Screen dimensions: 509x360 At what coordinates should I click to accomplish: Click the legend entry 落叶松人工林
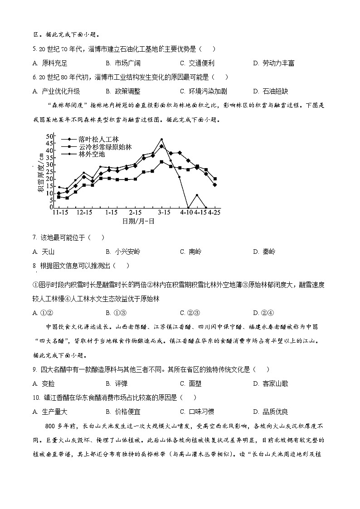pos(98,140)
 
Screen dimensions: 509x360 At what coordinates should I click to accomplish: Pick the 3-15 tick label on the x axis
pos(164,213)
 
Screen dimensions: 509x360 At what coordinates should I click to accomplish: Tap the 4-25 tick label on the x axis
pos(214,213)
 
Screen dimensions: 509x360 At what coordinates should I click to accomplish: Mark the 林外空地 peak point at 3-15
pos(161,139)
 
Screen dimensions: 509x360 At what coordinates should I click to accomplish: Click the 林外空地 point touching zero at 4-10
pos(188,207)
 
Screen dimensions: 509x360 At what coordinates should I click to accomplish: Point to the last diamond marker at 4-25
pos(214,184)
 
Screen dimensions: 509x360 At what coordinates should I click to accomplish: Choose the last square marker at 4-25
pos(214,179)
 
